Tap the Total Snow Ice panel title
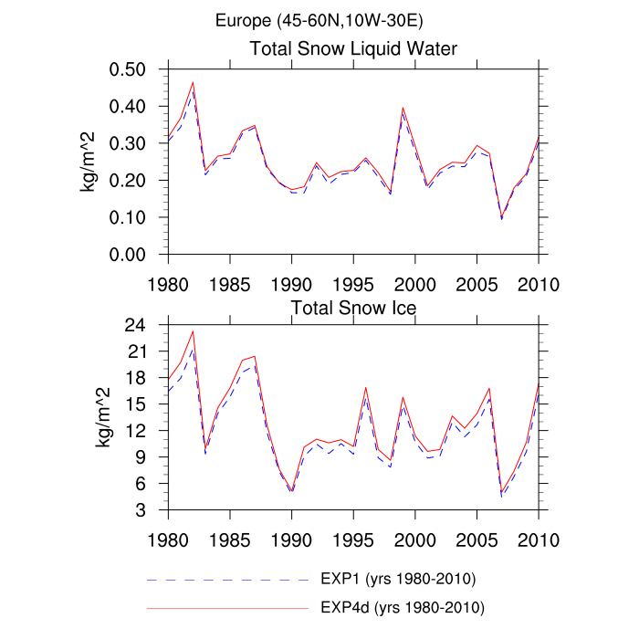pos(353,309)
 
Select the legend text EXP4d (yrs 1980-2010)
pos(401,606)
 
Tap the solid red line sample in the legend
pos(228,606)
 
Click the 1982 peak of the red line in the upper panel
pos(193,82)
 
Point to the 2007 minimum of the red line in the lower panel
pos(501,490)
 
